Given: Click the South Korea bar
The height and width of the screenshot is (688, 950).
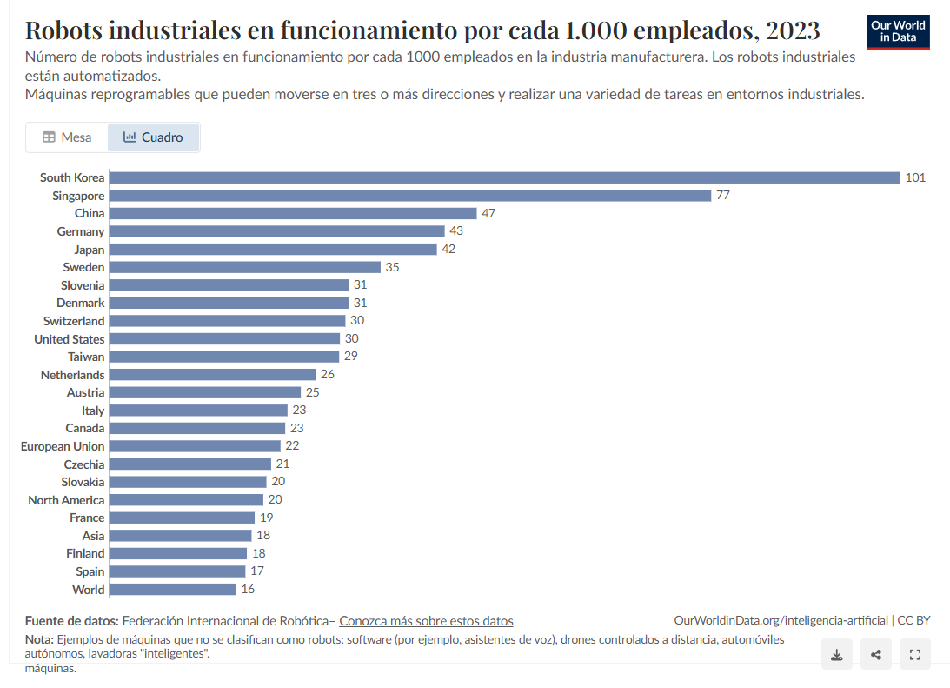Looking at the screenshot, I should tap(504, 177).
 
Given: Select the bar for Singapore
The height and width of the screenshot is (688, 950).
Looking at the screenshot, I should tap(410, 196).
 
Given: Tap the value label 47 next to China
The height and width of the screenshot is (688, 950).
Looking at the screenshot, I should tap(488, 213).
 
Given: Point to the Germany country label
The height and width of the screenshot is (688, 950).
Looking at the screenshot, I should tap(81, 231).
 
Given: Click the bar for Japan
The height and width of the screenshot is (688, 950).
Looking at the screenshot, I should tap(273, 250).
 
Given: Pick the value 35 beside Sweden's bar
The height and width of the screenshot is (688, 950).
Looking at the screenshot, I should tap(392, 267).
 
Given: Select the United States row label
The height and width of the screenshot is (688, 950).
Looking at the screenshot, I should tap(70, 339).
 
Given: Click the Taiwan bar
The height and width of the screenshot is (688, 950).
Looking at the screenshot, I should tap(224, 357).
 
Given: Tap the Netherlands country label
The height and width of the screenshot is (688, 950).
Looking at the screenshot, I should tap(73, 375).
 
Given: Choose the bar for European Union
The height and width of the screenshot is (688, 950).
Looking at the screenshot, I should tap(195, 446).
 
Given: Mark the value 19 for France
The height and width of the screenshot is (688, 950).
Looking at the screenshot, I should tap(267, 518).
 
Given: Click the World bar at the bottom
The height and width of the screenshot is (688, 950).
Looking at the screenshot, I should tap(173, 590).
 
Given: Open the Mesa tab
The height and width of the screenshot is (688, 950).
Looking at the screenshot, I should tap(67, 137).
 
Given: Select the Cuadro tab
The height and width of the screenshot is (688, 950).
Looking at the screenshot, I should tap(154, 137).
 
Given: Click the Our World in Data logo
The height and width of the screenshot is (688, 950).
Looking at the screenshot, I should tap(899, 31).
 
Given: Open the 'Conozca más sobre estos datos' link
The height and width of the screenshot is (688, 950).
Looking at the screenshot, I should tap(426, 621).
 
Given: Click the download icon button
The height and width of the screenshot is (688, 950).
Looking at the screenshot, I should tap(836, 655).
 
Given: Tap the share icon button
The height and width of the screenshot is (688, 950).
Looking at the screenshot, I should tap(875, 655).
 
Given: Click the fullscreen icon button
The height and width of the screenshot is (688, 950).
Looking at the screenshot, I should tap(914, 655).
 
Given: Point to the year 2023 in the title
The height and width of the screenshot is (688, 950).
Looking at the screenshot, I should tap(793, 30).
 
